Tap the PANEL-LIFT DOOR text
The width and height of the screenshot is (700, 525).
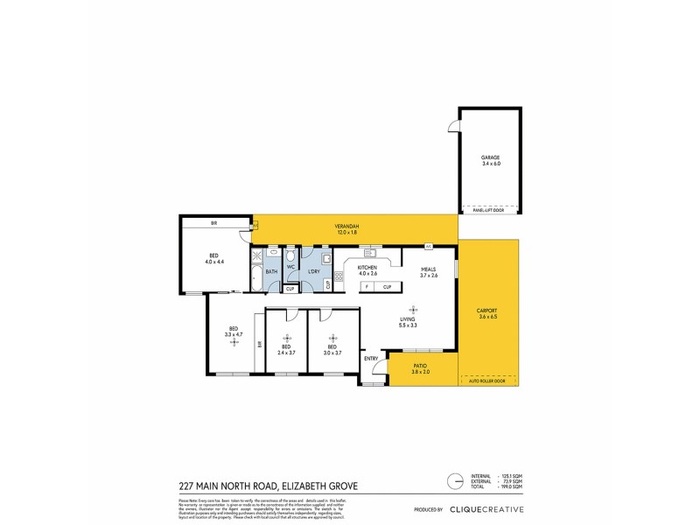(x=488, y=212)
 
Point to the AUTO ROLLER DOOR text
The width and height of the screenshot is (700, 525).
(x=488, y=381)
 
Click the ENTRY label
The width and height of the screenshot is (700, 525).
(x=371, y=359)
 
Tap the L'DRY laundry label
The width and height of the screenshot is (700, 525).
(x=313, y=272)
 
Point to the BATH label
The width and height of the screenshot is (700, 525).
(x=271, y=272)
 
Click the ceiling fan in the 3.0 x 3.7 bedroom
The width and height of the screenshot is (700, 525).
(x=332, y=337)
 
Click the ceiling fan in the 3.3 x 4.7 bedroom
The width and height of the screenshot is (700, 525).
(x=233, y=341)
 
